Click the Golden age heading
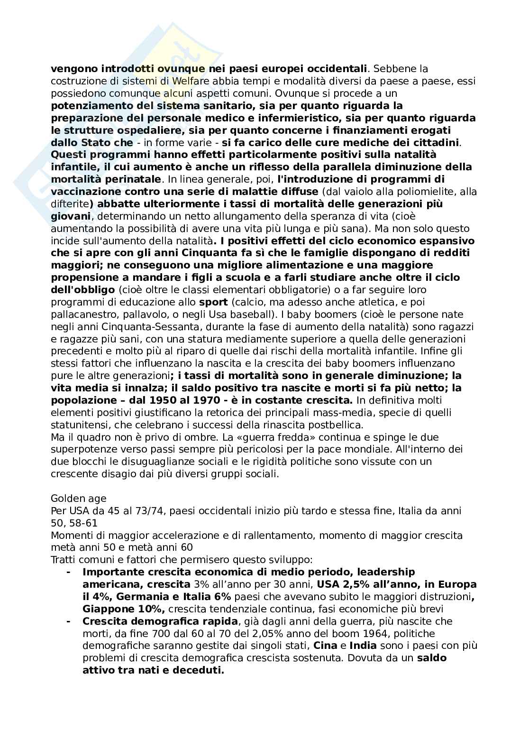click(x=78, y=498)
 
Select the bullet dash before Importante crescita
click(x=69, y=572)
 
